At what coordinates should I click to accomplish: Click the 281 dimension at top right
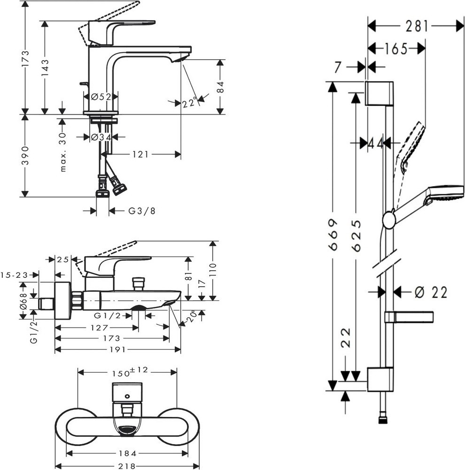click(418, 26)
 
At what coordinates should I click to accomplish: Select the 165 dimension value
click(396, 48)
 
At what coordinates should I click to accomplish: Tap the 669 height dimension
click(333, 235)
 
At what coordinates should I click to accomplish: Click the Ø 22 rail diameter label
click(431, 292)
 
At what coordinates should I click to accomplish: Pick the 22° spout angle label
click(190, 103)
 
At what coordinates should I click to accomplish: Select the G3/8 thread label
click(142, 211)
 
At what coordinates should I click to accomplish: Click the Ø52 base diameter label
click(101, 97)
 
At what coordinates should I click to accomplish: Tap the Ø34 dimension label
click(101, 137)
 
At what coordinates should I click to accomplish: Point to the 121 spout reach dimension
click(140, 154)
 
